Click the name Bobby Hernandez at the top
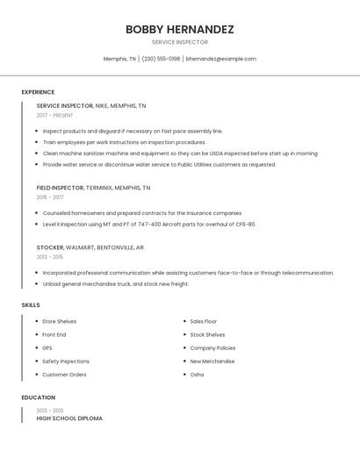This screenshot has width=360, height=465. click(x=179, y=29)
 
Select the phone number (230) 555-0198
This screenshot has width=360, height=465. click(x=161, y=59)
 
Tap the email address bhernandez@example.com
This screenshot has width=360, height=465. click(x=221, y=59)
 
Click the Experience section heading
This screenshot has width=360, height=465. click(x=38, y=92)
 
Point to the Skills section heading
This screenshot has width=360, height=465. click(x=31, y=304)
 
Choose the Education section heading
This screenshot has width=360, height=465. click(x=38, y=397)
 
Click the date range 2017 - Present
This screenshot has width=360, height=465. click(x=55, y=115)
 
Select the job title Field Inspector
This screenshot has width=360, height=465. click(x=60, y=188)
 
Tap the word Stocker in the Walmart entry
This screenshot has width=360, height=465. click(x=50, y=247)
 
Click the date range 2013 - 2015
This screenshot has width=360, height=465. click(x=50, y=257)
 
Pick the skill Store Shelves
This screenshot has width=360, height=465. click(x=60, y=321)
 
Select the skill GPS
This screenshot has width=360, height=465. click(x=47, y=347)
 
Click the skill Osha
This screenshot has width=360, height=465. click(x=197, y=375)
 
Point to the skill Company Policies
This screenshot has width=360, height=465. click(x=212, y=347)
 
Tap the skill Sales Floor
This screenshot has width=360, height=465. click(x=204, y=321)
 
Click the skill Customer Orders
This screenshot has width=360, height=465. click(x=64, y=375)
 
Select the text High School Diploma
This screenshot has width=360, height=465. click(x=69, y=418)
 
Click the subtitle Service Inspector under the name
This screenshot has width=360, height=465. click(x=179, y=41)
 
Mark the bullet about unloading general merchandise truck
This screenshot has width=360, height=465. click(x=116, y=284)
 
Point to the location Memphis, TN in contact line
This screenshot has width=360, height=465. click(x=119, y=59)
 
